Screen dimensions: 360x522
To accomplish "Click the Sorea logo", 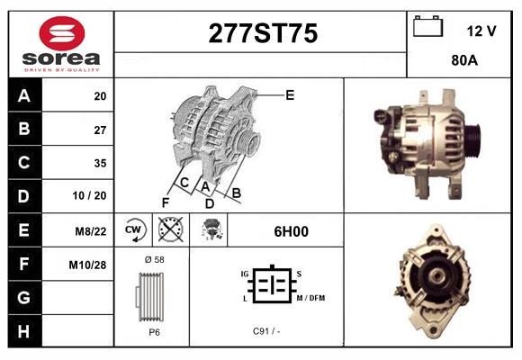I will (x=60, y=43).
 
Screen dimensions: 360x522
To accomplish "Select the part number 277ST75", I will (x=262, y=33).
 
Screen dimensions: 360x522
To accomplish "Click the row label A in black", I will (x=24, y=95).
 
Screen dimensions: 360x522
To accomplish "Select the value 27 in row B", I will (x=99, y=129).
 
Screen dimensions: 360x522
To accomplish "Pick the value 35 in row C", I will (x=99, y=163).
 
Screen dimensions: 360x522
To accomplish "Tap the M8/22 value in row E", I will (x=92, y=230).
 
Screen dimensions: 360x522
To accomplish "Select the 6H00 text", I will (x=291, y=230).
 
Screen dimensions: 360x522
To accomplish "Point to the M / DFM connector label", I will (x=310, y=298).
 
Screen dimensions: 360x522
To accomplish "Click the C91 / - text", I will (x=266, y=330).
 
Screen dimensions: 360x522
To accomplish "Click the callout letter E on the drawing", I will (x=290, y=94).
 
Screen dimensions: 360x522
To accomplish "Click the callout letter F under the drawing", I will (x=165, y=202).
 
